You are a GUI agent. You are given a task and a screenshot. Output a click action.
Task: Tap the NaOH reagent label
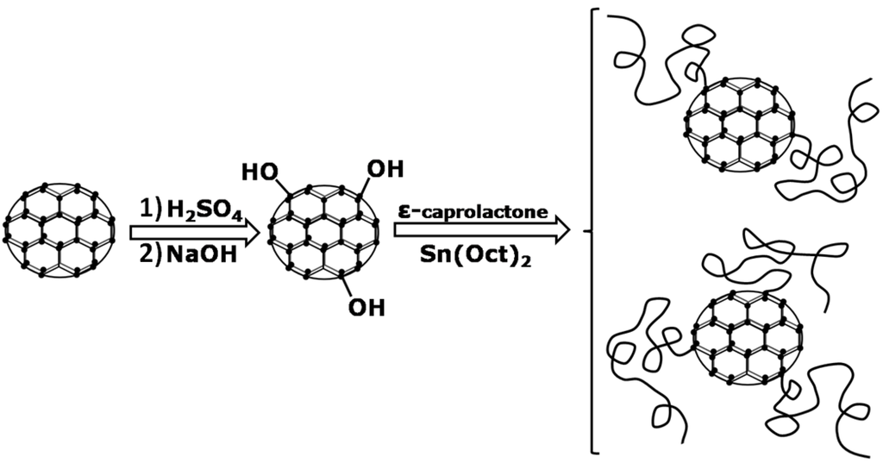205,256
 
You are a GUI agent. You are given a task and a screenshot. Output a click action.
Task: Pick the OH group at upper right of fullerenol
385,167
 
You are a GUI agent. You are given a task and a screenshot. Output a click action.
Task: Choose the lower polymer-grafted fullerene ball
747,337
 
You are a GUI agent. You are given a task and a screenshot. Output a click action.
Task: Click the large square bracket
594,231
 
